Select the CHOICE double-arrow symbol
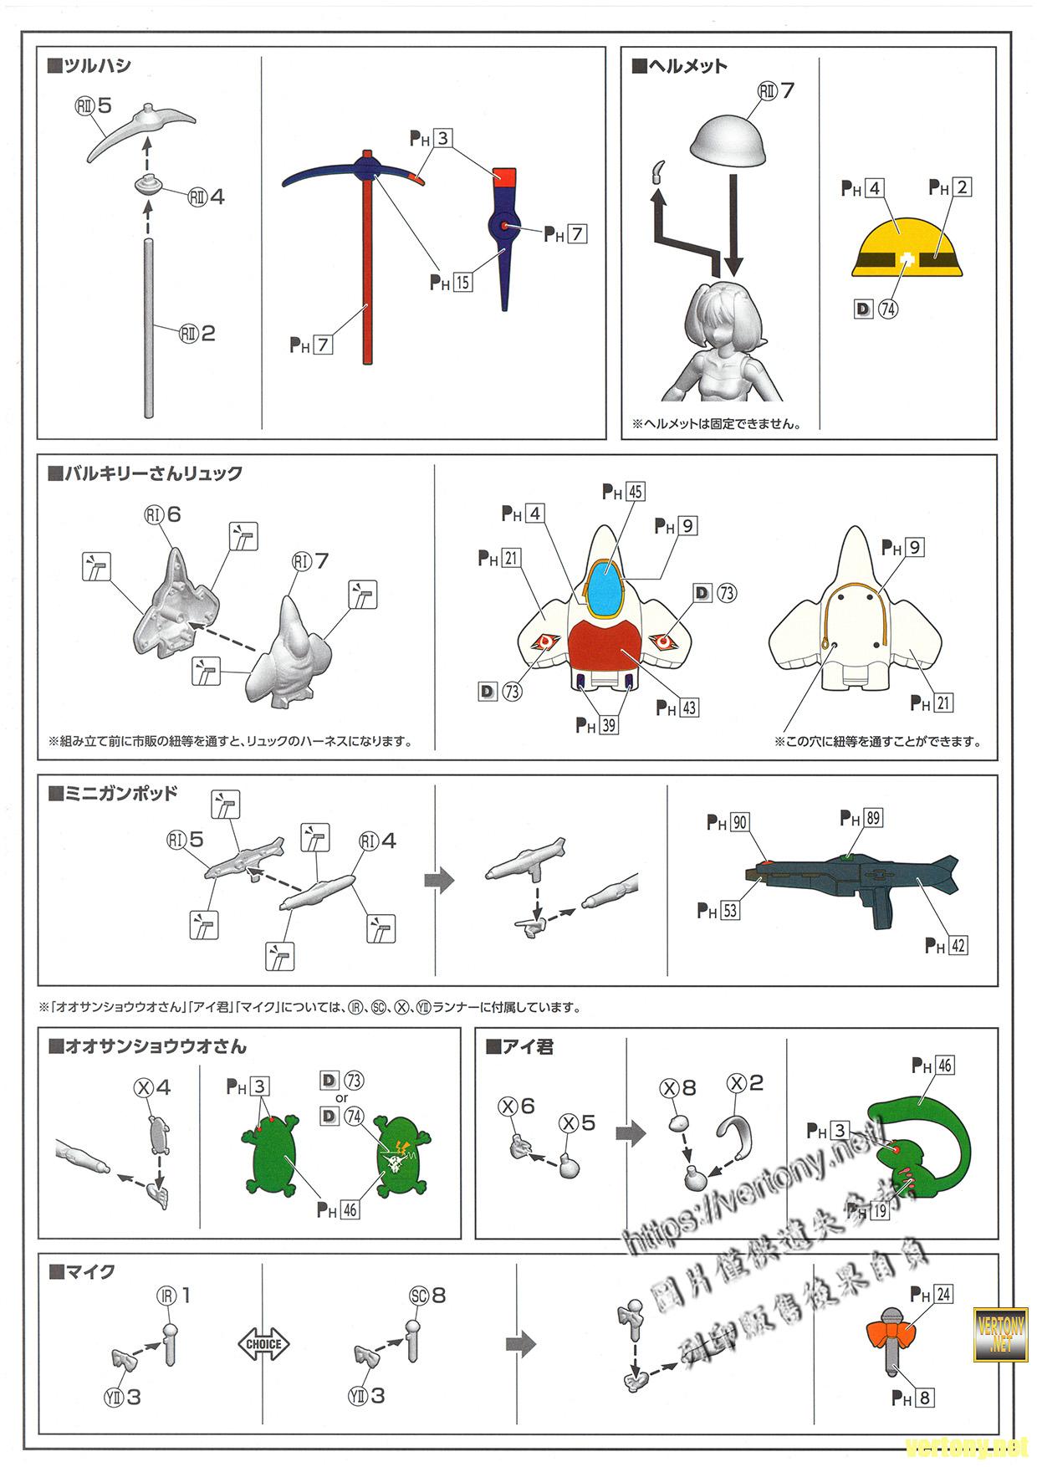[263, 1345]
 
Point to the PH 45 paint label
[623, 492]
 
